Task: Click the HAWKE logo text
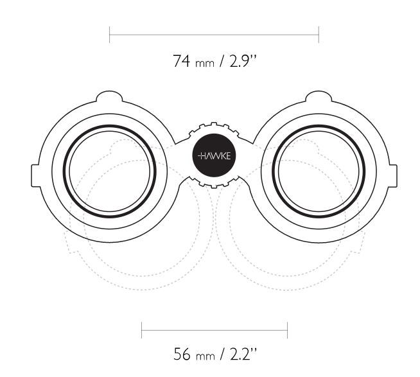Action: [x=214, y=155]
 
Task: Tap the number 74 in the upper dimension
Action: [x=181, y=61]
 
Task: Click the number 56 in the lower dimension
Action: [x=182, y=354]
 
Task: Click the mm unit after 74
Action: [x=205, y=64]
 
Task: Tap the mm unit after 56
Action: [x=206, y=356]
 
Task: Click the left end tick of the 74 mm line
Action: [x=110, y=35]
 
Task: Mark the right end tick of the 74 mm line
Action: [x=319, y=35]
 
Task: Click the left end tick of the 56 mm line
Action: [x=141, y=330]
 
